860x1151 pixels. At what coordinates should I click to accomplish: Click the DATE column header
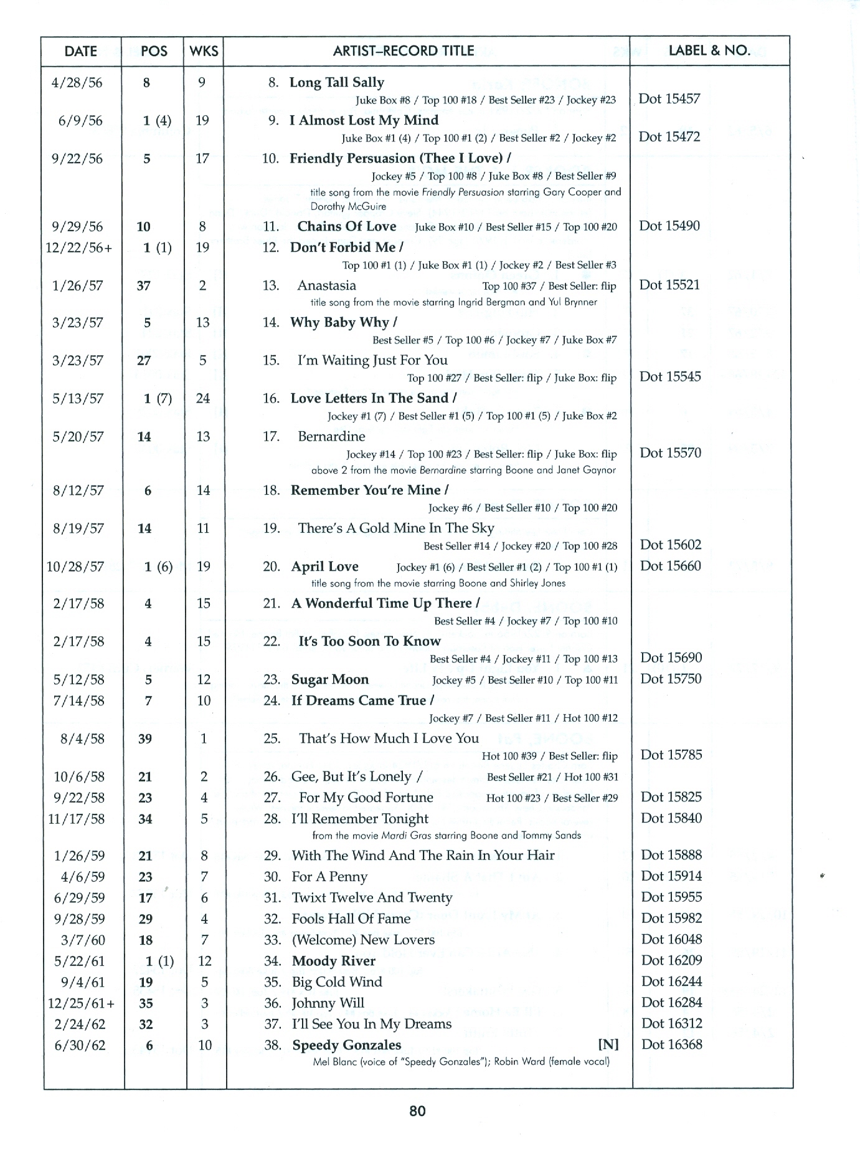coord(80,51)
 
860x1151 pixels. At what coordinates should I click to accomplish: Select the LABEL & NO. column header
coord(709,50)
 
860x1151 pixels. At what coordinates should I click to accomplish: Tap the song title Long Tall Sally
coord(336,82)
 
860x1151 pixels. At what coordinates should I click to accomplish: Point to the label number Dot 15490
coord(669,226)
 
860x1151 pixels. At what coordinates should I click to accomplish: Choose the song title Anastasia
coord(326,285)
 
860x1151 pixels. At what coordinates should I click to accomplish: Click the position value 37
coord(144,286)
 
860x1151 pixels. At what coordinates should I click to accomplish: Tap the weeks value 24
coord(203,399)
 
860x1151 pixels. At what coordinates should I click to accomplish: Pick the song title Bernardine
coord(331,436)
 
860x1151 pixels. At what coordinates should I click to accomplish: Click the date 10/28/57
coord(75,567)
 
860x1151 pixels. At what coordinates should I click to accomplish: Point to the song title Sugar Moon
coord(330,679)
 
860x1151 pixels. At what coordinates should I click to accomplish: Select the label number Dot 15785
coord(671,755)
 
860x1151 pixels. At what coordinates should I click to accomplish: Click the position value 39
coord(145,739)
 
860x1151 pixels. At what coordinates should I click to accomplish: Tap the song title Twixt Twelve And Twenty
coord(372,897)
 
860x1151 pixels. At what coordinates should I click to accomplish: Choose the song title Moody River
coord(333,961)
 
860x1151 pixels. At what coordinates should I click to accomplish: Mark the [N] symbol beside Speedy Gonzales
coord(608,1045)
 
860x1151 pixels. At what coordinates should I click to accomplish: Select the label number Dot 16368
coord(671,1044)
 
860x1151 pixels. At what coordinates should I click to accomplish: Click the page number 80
coord(417,1110)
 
